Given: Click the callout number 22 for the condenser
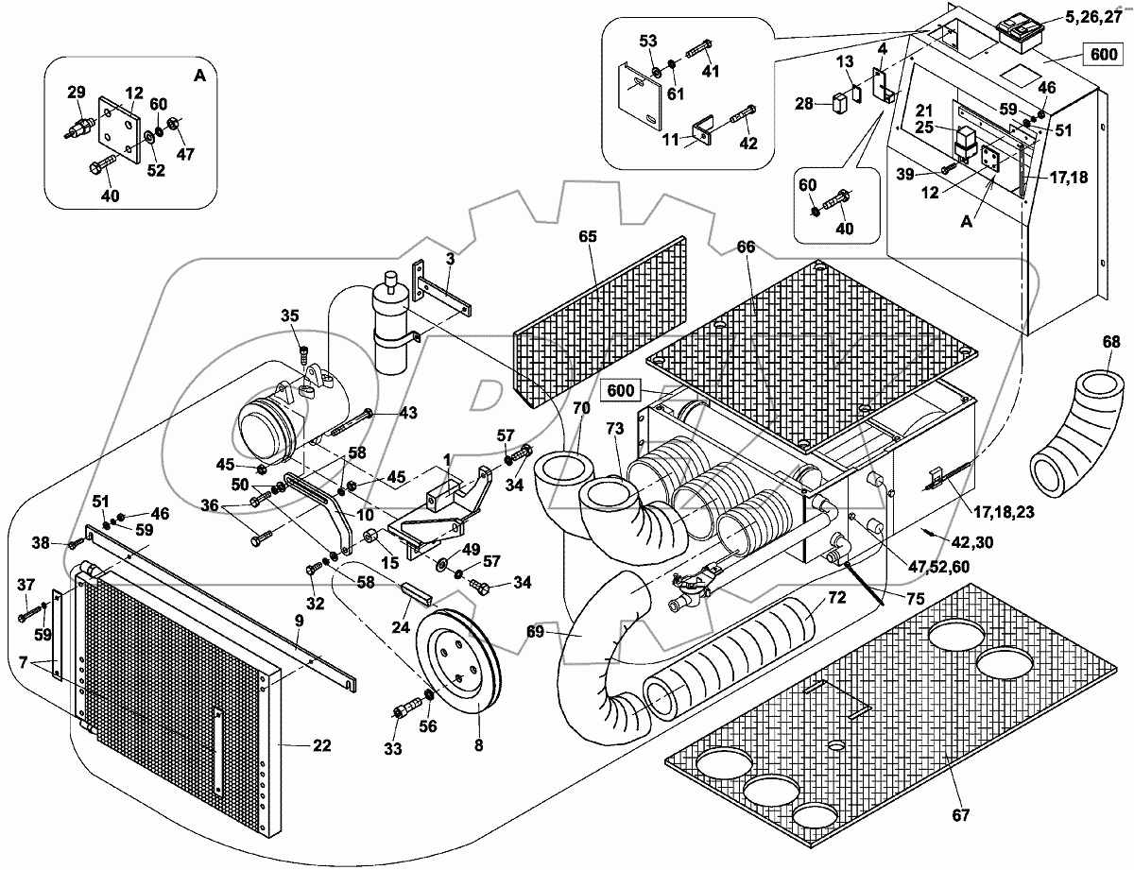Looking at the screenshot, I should (x=322, y=746).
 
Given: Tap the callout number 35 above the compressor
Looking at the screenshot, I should (x=289, y=316).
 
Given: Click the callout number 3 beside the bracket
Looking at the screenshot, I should (x=451, y=258).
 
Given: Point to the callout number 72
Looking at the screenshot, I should (x=836, y=598).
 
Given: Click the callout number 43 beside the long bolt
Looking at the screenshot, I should (x=407, y=413).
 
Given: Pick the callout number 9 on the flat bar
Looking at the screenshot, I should (x=299, y=621).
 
